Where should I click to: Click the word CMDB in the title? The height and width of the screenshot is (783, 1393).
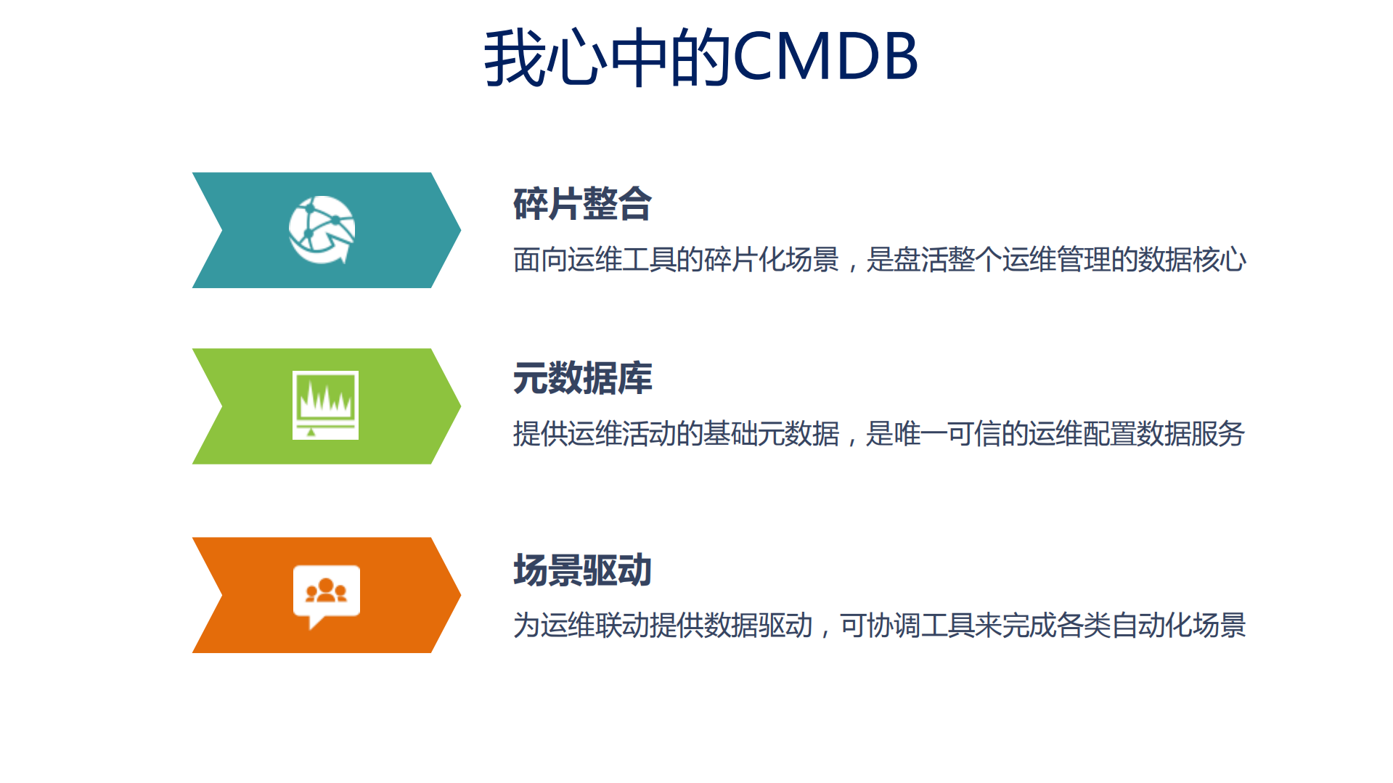[x=825, y=57]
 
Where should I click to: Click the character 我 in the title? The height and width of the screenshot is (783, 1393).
[x=515, y=58]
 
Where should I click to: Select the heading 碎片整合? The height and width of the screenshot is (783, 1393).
[x=582, y=204]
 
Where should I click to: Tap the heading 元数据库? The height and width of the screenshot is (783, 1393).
[x=582, y=378]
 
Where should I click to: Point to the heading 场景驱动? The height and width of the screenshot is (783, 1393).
[x=582, y=570]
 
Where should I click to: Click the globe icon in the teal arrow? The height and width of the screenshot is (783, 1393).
[x=322, y=230]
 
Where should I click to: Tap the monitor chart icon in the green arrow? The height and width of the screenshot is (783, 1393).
[x=325, y=405]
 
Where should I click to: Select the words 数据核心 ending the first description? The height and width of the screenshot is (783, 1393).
[x=1192, y=260]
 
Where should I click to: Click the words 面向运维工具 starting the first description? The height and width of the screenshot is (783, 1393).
[x=594, y=260]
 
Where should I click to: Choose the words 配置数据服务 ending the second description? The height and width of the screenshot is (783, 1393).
[x=1164, y=434]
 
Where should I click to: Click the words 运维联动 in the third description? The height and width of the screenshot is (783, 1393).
[x=595, y=626]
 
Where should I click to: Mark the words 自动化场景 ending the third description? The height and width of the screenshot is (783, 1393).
[x=1178, y=626]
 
